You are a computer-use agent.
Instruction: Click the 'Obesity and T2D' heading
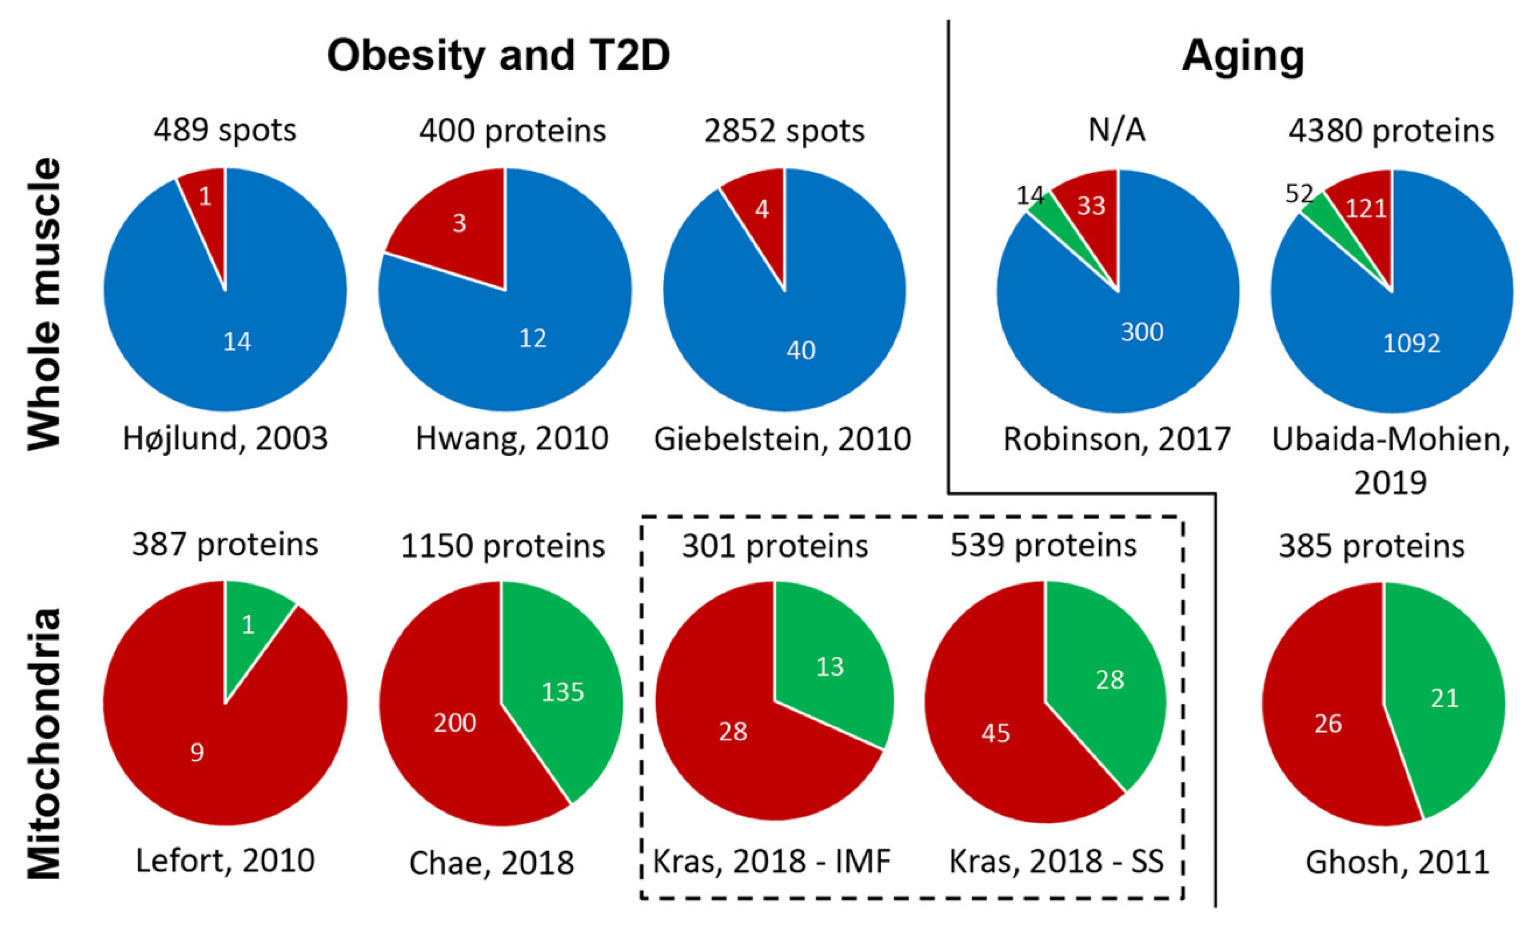(499, 56)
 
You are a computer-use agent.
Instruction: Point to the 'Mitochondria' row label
(45, 743)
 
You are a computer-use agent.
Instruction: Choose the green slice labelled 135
(563, 692)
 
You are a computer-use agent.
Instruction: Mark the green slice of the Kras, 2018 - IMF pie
(830, 666)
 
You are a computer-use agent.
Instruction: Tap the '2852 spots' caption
(784, 131)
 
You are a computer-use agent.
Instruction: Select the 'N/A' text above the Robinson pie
(1117, 131)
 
